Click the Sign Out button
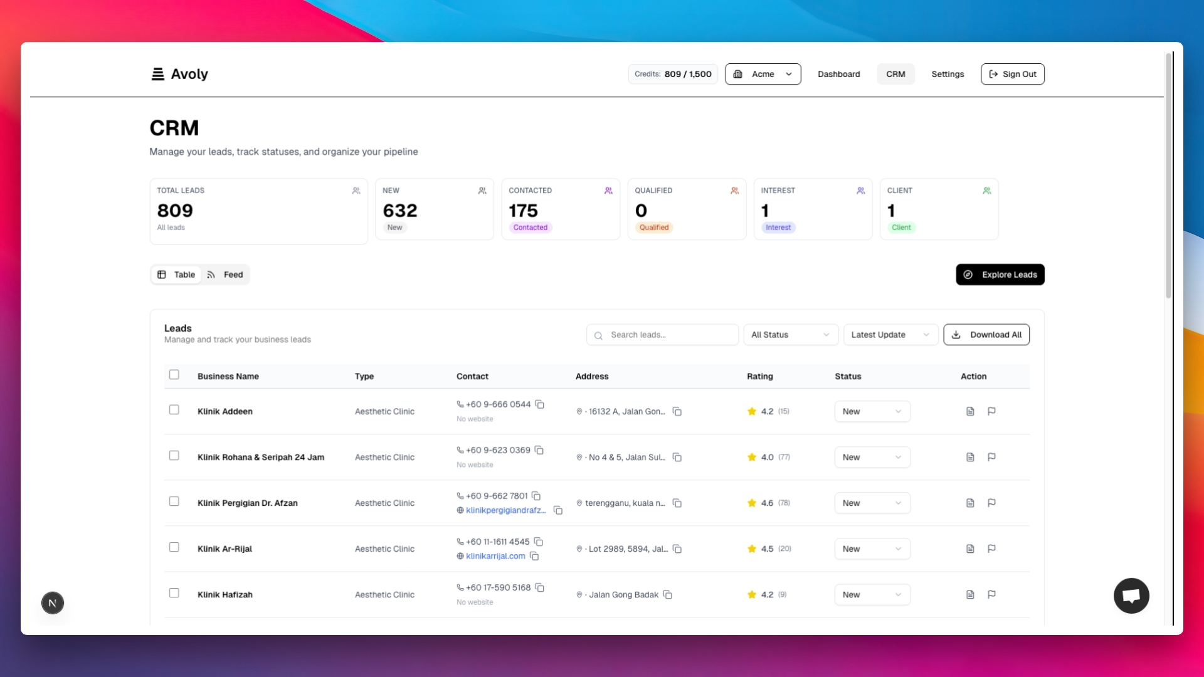coord(1012,74)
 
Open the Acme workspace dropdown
coord(763,74)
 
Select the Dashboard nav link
coord(838,74)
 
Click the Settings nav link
coord(947,74)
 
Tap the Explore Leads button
coord(1000,275)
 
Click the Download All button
coord(986,335)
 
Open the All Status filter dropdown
coord(789,335)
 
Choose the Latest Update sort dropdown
coord(890,335)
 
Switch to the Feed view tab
coord(225,275)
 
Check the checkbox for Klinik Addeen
coord(174,410)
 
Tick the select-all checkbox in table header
coord(174,375)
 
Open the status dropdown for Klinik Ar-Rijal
coord(872,549)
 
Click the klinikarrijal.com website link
coord(495,556)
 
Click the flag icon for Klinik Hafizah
coord(991,594)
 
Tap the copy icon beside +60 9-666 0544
coord(540,404)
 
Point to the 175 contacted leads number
coord(523,211)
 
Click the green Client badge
coord(901,228)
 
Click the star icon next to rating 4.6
coord(752,503)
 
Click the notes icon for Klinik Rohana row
coord(970,457)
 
